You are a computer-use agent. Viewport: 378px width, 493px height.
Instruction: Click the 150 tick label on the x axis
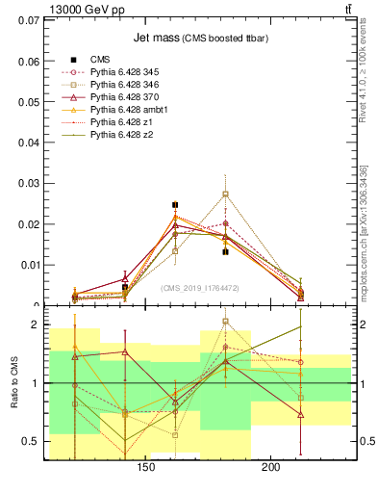click(147, 468)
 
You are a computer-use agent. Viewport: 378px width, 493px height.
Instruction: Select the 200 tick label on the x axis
click(271, 468)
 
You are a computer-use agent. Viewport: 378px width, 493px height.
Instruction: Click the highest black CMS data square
click(175, 205)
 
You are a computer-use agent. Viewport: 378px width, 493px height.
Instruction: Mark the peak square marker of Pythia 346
click(225, 194)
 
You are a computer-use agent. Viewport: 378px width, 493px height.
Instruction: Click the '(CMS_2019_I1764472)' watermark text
click(200, 287)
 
